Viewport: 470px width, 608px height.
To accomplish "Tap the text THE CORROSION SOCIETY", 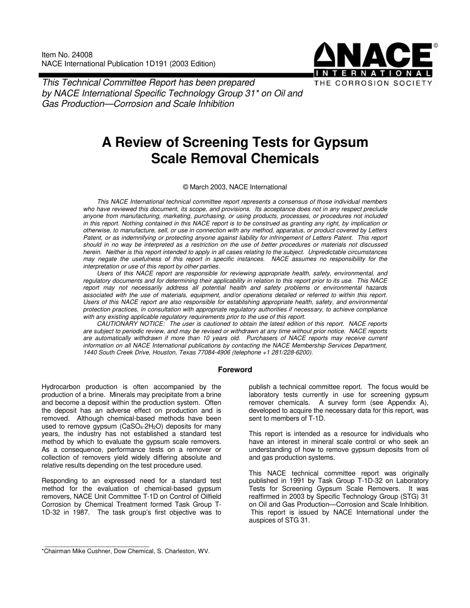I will pyautogui.click(x=374, y=83).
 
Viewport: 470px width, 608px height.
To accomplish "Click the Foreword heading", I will pyautogui.click(x=235, y=369).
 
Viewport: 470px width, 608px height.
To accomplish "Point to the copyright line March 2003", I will pyautogui.click(x=235, y=187).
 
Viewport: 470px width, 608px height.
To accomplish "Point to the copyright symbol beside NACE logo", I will pyautogui.click(x=435, y=45).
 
